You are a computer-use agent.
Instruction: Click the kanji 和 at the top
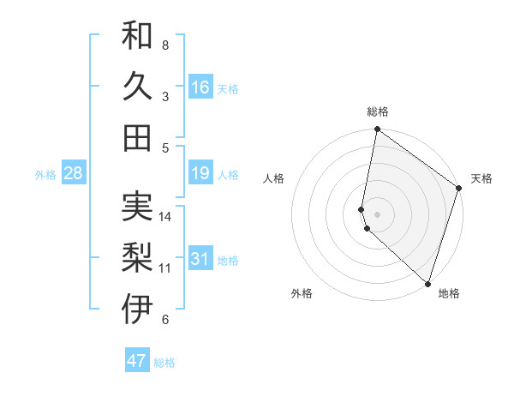coord(138,35)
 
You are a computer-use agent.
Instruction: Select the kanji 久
coord(138,86)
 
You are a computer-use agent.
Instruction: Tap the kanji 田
coord(138,137)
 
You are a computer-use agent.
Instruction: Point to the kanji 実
coord(138,207)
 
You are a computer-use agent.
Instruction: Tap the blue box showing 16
coord(200,87)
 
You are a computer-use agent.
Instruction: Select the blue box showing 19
coord(200,174)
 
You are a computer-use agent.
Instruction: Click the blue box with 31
coord(200,259)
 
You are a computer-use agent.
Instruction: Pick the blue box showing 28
coord(74,174)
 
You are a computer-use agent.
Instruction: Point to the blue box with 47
coord(137,361)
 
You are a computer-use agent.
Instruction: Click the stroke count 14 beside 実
coord(166,217)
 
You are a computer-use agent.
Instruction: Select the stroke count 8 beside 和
coord(165,45)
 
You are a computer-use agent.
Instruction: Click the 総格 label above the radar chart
coord(378,111)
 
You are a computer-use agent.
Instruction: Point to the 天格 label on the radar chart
coord(481,178)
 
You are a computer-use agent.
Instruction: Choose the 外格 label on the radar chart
coord(302,293)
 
